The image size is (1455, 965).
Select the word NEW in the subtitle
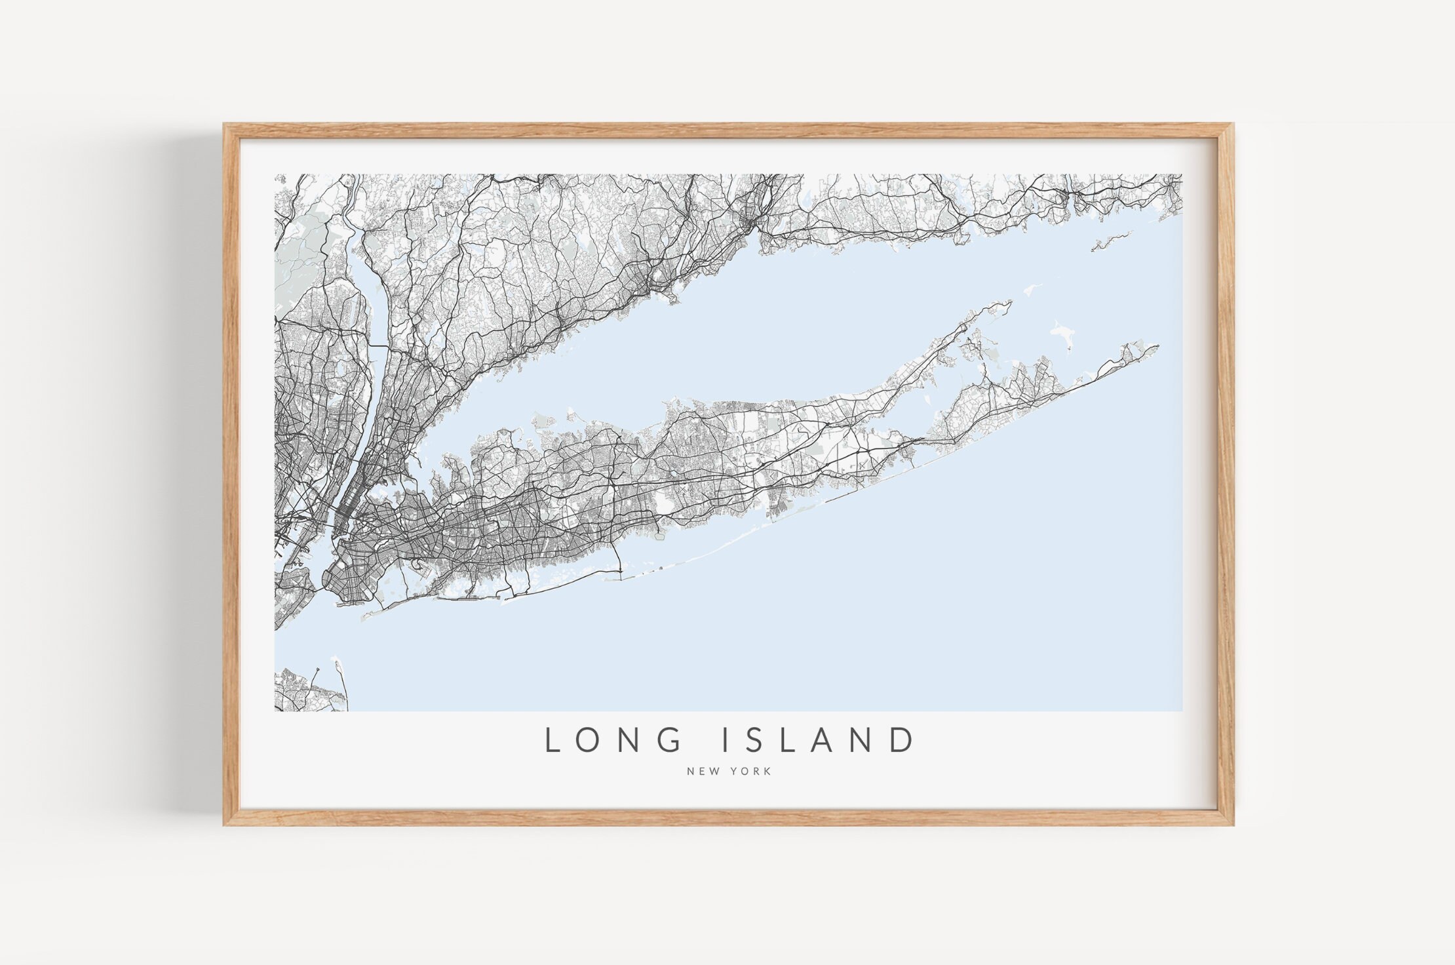(700, 771)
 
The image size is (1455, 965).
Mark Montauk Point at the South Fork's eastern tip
(1156, 346)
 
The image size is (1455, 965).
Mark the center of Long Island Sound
(754, 328)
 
